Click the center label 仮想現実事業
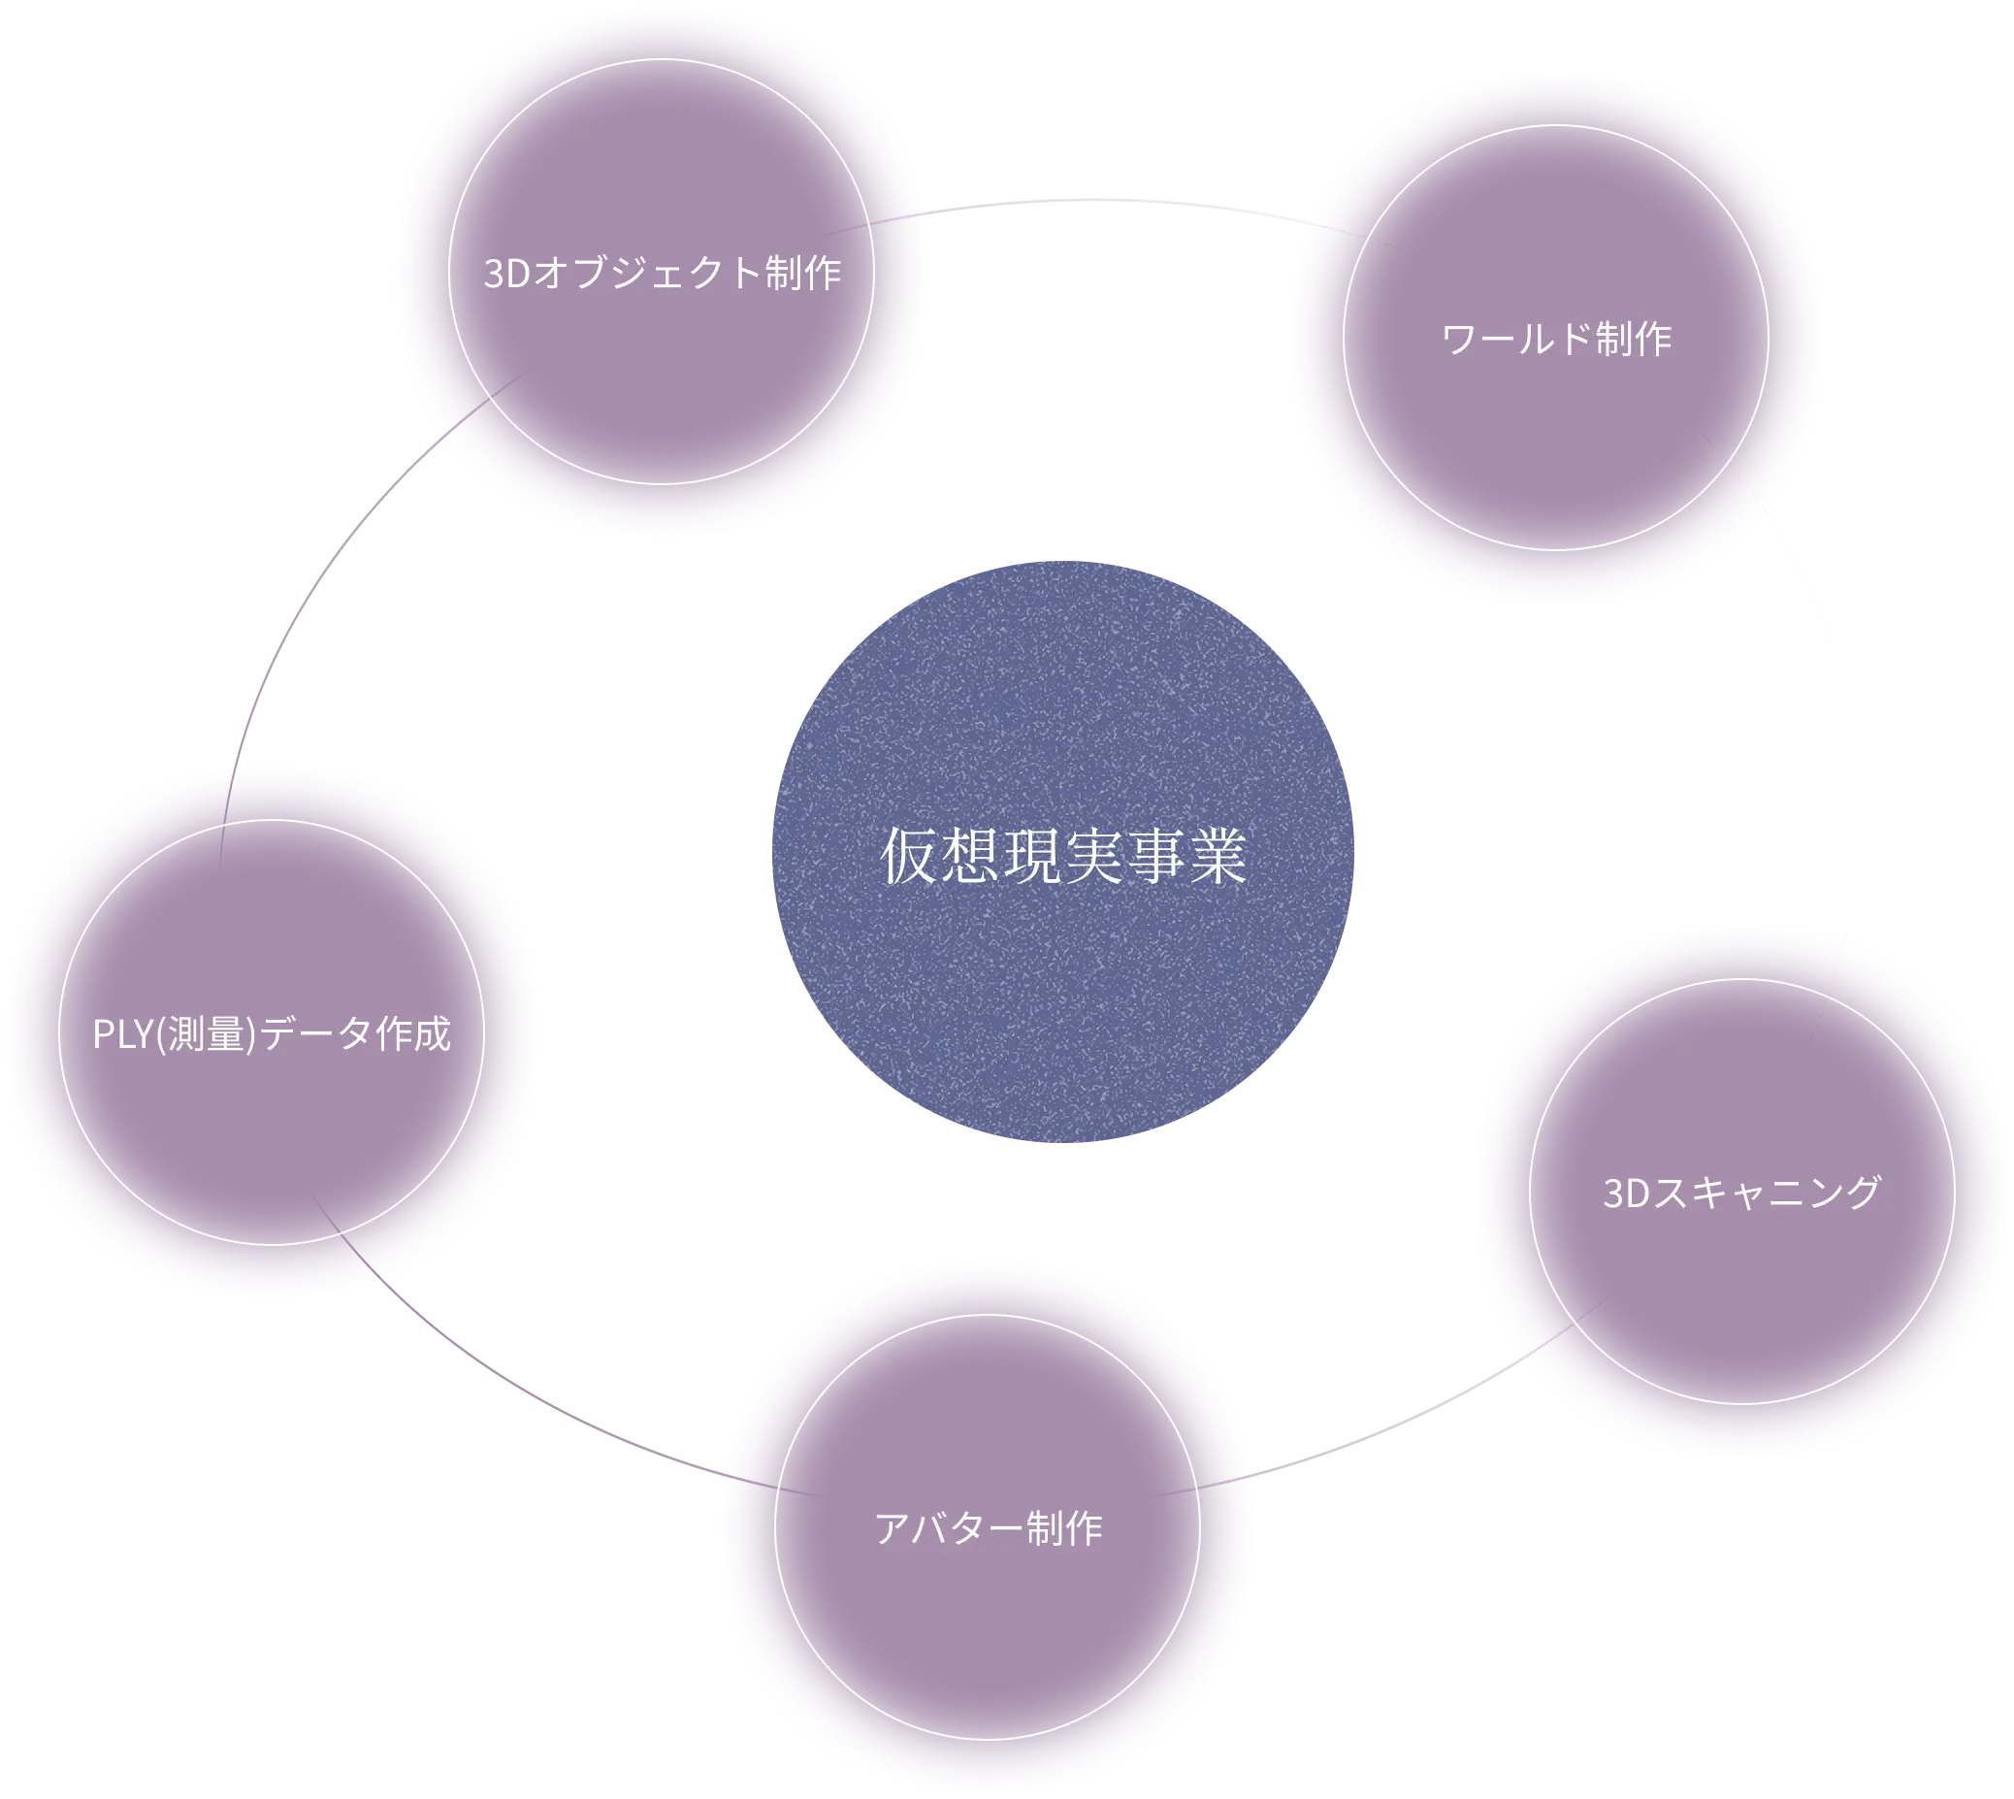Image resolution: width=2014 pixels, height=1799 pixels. coord(1062,857)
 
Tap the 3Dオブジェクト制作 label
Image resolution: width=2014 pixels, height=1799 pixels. coord(662,274)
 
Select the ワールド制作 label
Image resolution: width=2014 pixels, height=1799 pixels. coord(1556,340)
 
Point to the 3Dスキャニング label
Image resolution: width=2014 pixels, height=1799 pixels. coord(1741,1194)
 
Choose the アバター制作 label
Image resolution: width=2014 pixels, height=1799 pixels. coord(989,1529)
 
